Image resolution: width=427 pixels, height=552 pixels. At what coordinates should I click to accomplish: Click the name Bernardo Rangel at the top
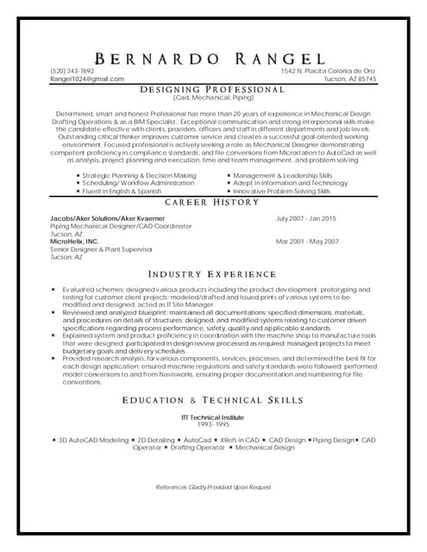(213, 59)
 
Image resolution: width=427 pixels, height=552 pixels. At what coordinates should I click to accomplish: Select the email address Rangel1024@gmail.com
(86, 78)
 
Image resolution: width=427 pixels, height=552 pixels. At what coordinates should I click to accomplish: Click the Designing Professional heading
(212, 89)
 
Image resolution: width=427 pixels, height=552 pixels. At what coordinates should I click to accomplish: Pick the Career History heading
(212, 202)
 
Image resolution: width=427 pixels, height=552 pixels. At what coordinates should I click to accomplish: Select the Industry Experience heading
(212, 274)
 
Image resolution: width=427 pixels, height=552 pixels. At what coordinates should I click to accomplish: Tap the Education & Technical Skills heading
(212, 400)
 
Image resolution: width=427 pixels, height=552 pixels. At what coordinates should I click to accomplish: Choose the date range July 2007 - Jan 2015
(305, 220)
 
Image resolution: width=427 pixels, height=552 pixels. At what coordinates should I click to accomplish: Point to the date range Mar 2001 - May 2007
(307, 241)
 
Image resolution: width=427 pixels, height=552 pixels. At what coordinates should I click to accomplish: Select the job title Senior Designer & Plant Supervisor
(101, 249)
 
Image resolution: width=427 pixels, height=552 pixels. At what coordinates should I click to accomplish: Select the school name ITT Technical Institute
(213, 417)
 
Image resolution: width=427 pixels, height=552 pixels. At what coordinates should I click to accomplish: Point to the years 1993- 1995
(213, 424)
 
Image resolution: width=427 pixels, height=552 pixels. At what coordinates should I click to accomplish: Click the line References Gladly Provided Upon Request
(213, 488)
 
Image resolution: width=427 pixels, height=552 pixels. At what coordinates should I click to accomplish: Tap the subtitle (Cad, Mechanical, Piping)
(212, 97)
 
